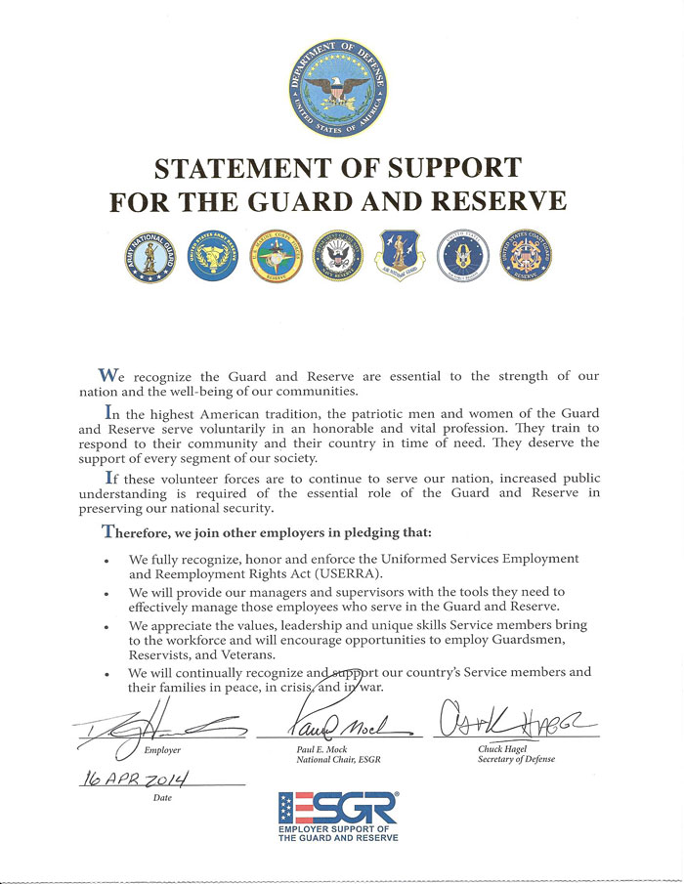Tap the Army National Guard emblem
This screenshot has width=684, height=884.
pos(149,256)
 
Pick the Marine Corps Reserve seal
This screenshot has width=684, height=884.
pos(273,256)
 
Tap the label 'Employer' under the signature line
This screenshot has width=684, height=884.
pos(162,750)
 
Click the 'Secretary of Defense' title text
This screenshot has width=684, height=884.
pos(517,760)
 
